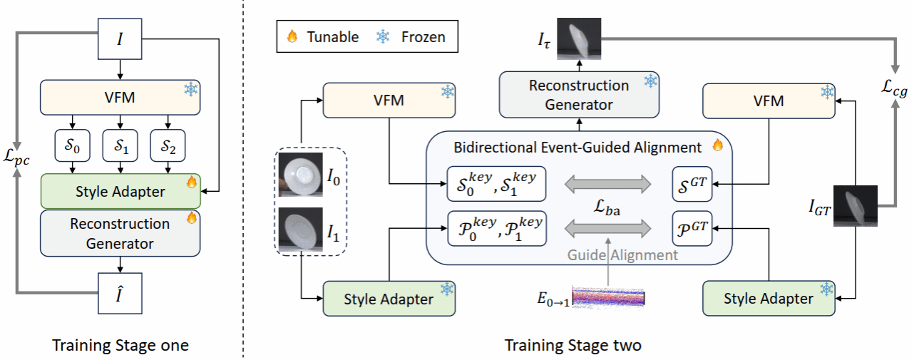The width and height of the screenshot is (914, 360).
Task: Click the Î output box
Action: coord(120,293)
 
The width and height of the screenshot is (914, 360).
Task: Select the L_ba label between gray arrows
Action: coord(608,207)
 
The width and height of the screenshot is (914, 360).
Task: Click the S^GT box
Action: coord(692,184)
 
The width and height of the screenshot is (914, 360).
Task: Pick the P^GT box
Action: coord(692,228)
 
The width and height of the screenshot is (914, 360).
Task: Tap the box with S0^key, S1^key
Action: coord(496,184)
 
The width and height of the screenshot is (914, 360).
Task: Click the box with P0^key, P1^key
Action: coord(496,228)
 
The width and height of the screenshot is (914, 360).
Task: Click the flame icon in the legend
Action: coord(292,37)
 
